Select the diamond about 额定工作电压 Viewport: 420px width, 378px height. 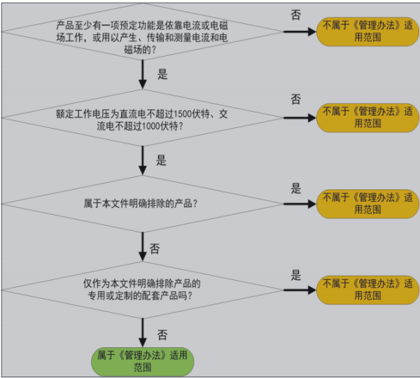coord(143,117)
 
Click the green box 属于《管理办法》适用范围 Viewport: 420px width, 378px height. coord(143,360)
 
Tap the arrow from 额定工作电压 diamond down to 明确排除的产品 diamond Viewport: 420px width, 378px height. coord(143,160)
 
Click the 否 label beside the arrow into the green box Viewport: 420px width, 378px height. coord(162,334)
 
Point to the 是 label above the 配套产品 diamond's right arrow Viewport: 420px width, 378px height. coord(296,275)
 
